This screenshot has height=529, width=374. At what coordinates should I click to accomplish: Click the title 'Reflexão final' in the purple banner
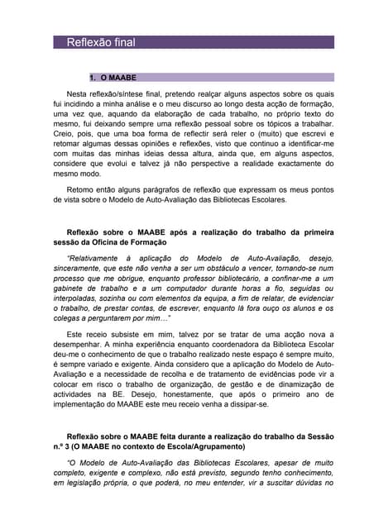click(x=100, y=42)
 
